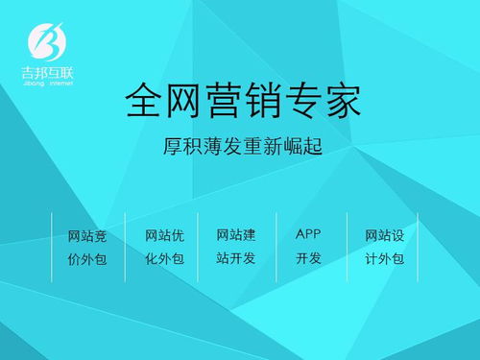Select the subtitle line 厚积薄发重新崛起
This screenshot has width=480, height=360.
[x=240, y=149]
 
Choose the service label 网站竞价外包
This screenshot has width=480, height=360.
[x=86, y=247]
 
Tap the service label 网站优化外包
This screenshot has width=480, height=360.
[x=163, y=247]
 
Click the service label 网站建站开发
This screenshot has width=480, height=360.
[x=235, y=246]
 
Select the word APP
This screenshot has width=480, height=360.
[x=308, y=234]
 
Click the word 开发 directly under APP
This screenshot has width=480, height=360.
[x=308, y=258]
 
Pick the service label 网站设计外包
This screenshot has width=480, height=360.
[x=384, y=247]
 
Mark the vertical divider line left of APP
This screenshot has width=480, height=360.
[x=276, y=247]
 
